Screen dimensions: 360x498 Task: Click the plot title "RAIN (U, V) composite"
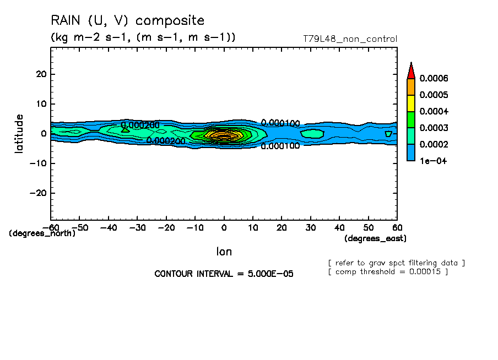point(127,21)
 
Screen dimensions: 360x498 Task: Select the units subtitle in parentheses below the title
point(143,37)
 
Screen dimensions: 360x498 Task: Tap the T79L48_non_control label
point(350,39)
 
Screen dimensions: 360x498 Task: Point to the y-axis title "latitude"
point(20,133)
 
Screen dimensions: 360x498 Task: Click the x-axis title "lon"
point(224,252)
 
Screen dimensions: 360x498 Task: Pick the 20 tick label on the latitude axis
point(40,74)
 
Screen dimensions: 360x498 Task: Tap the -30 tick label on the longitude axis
point(137,227)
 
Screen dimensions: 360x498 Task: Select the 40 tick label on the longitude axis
point(340,227)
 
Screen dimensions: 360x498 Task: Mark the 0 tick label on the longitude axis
point(224,227)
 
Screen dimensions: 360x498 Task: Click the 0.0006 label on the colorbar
point(434,79)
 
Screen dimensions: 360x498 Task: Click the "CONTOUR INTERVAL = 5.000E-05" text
point(224,274)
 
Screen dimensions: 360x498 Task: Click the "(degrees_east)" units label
point(375,238)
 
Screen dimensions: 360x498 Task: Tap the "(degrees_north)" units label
point(42,233)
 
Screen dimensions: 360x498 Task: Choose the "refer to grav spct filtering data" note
point(396,263)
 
